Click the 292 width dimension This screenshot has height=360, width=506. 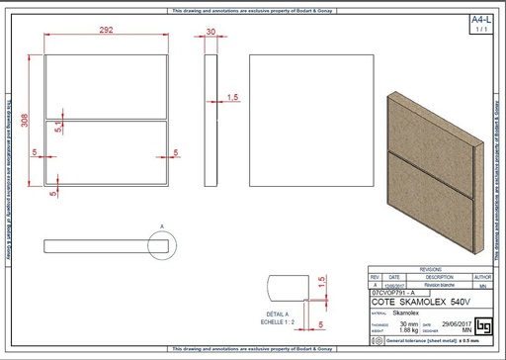pyautogui.click(x=107, y=32)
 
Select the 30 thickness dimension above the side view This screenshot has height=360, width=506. pyautogui.click(x=211, y=32)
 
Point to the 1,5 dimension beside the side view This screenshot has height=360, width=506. pyautogui.click(x=233, y=97)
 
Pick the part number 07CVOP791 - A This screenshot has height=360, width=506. pyautogui.click(x=393, y=294)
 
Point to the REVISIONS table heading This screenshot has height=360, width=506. pyautogui.click(x=430, y=269)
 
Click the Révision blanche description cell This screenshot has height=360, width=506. pyautogui.click(x=432, y=285)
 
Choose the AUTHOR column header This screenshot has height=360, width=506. pyautogui.click(x=482, y=277)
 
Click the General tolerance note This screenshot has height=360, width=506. pyautogui.click(x=435, y=340)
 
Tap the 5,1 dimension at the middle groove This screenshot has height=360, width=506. pyautogui.click(x=59, y=128)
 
